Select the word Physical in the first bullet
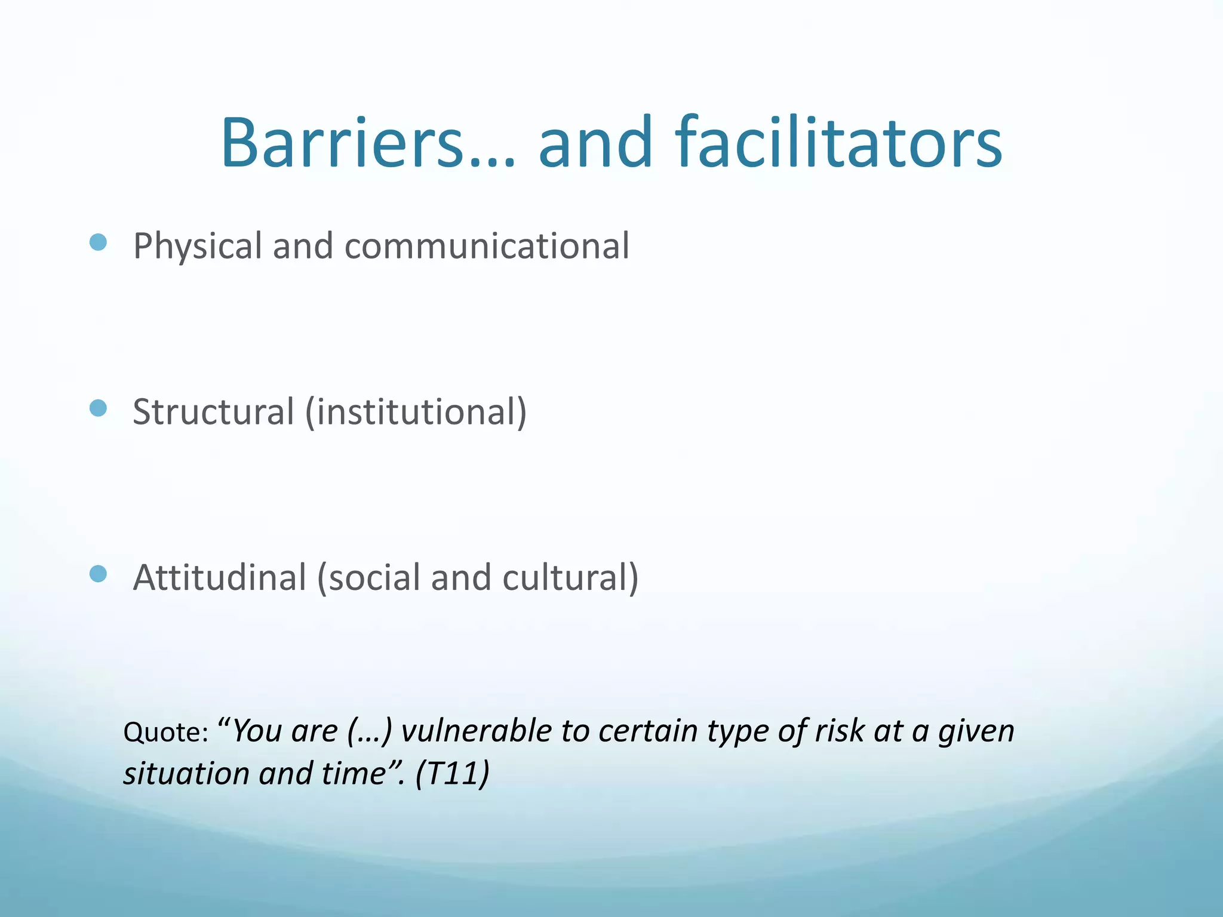pyautogui.click(x=198, y=247)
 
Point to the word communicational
pyautogui.click(x=487, y=247)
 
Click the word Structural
pyautogui.click(x=213, y=412)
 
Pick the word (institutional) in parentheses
pyautogui.click(x=416, y=412)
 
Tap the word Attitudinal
pyautogui.click(x=219, y=577)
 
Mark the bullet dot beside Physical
pyautogui.click(x=98, y=242)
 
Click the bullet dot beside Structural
pyautogui.click(x=98, y=408)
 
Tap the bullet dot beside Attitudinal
pyautogui.click(x=98, y=573)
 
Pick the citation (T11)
pyautogui.click(x=452, y=774)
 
